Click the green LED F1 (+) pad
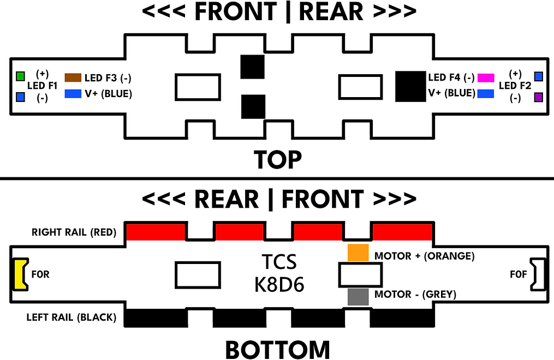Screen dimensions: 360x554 point(21,76)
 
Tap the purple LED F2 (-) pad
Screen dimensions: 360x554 point(539,98)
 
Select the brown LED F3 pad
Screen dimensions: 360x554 point(73,78)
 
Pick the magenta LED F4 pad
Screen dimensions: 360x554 point(486,78)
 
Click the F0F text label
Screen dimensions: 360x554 point(517,274)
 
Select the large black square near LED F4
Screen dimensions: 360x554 point(411,86)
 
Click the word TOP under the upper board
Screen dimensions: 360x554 point(277,160)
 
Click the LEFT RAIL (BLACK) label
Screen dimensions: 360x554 point(72,317)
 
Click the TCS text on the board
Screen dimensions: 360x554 point(278,262)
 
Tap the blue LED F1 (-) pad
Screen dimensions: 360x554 point(21,98)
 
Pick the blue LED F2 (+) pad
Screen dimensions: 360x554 point(539,76)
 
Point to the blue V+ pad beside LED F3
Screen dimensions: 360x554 point(73,94)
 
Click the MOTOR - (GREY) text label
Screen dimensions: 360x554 point(415,295)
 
